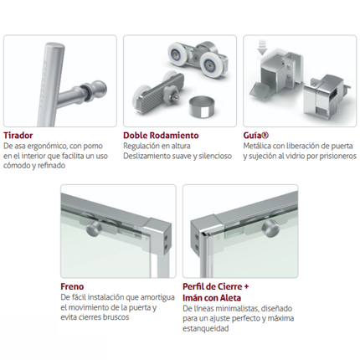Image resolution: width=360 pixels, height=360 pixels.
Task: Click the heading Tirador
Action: [18, 136]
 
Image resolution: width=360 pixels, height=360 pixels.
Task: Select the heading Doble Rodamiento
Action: [161, 136]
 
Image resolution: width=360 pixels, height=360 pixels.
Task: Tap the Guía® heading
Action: [256, 136]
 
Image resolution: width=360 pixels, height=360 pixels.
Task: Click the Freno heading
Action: [72, 286]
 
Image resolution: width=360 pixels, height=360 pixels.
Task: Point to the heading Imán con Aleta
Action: [212, 298]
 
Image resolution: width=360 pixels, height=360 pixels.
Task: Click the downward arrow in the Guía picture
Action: [262, 47]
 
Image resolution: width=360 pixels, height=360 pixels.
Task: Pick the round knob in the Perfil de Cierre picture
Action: [270, 229]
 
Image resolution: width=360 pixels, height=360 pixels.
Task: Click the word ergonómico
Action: [47, 147]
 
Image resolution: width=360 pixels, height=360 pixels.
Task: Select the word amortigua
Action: [157, 298]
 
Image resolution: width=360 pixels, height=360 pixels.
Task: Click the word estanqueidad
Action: [206, 328]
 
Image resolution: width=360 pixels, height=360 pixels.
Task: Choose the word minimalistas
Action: [239, 309]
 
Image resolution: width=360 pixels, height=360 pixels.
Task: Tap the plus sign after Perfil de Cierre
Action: [246, 287]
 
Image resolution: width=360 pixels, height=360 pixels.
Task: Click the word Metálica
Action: [257, 146]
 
